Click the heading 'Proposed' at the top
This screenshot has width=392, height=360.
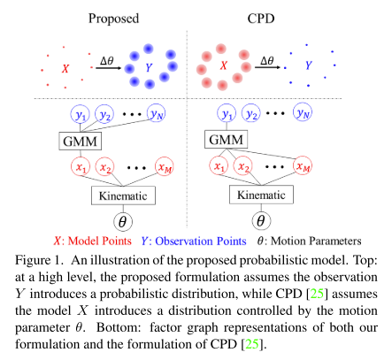pyautogui.click(x=113, y=19)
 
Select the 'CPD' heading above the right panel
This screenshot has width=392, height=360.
pyautogui.click(x=261, y=19)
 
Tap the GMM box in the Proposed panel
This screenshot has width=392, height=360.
pyautogui.click(x=81, y=142)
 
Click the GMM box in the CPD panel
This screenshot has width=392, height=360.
pyautogui.click(x=227, y=140)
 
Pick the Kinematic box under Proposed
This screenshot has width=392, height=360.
pyautogui.click(x=123, y=195)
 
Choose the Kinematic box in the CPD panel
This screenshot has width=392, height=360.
pyautogui.click(x=261, y=195)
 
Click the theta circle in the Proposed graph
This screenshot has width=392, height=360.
pyautogui.click(x=123, y=222)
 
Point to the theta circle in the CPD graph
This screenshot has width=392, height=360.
pyautogui.click(x=261, y=221)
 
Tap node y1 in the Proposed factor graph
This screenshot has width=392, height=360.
pyautogui.click(x=80, y=114)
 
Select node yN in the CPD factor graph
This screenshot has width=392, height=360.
pyautogui.click(x=303, y=112)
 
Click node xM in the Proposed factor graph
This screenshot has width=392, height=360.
pyautogui.click(x=165, y=166)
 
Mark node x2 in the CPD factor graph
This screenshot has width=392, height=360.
pyautogui.click(x=243, y=166)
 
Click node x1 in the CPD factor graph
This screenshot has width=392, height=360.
pyautogui.click(x=219, y=166)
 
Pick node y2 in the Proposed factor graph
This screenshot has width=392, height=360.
pyautogui.click(x=104, y=114)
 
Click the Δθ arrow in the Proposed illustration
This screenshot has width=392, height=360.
pyautogui.click(x=108, y=68)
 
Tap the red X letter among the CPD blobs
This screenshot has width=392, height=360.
pyautogui.click(x=224, y=65)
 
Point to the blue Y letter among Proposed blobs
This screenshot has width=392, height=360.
pyautogui.click(x=149, y=67)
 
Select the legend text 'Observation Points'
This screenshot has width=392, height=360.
pyautogui.click(x=201, y=241)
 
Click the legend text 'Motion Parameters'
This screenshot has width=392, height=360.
pyautogui.click(x=316, y=241)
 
